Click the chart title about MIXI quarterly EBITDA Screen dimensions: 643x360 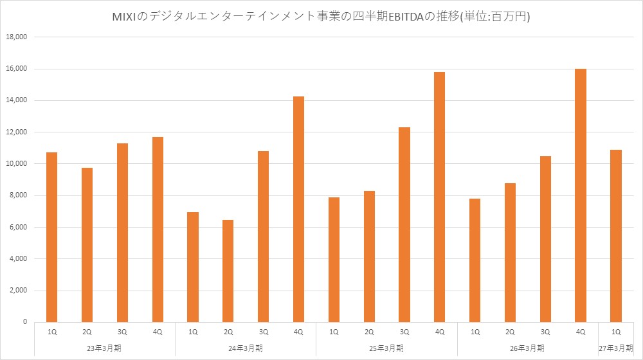coord(321,17)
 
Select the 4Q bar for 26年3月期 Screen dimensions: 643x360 coord(580,195)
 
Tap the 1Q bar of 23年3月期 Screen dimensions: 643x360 coord(51,237)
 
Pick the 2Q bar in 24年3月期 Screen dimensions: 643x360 coord(228,271)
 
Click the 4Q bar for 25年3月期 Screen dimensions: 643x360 coord(439,197)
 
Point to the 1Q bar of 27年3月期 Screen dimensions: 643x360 coord(616,236)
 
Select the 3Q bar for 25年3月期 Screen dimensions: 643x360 coord(404,225)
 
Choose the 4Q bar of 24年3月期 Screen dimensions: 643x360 coord(298,210)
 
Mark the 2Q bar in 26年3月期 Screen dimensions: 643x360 coord(510,253)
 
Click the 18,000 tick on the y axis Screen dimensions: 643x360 coord(17,37)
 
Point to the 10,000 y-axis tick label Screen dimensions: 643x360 coord(17,163)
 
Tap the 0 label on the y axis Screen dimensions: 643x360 coord(25,322)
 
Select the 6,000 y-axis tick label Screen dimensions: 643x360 coord(17,227)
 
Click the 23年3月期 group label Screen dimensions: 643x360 coord(104,348)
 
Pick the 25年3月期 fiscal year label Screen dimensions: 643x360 coord(386,348)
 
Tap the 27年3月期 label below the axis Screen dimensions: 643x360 coord(616,348)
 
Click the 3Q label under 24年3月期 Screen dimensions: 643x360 coord(263,332)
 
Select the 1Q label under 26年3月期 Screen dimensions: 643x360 coord(475,332)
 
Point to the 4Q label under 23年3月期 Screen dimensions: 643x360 coord(158,332)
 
